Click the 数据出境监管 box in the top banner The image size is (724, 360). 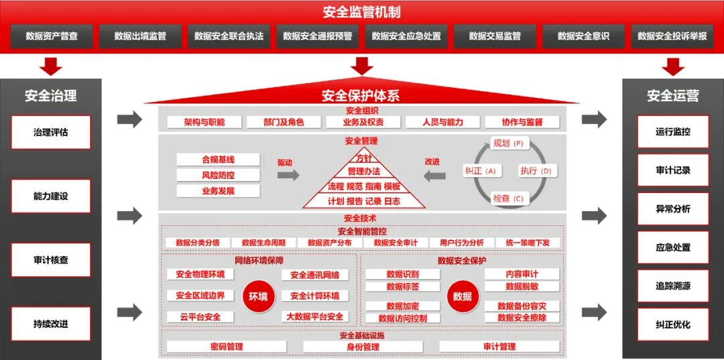[140, 36]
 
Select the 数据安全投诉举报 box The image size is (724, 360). [672, 36]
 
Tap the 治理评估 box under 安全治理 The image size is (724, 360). [51, 132]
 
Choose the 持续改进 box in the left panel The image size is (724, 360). [51, 324]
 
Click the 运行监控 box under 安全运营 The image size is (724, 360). [672, 132]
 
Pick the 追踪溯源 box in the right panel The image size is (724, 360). [672, 286]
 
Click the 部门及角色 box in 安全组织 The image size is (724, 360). [284, 122]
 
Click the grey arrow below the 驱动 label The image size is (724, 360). [288, 176]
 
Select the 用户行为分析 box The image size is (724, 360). [462, 243]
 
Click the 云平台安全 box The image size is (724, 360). [200, 316]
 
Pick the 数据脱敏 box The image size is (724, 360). [522, 286]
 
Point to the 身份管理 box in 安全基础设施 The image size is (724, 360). [363, 347]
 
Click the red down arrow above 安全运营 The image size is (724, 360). [672, 66]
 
